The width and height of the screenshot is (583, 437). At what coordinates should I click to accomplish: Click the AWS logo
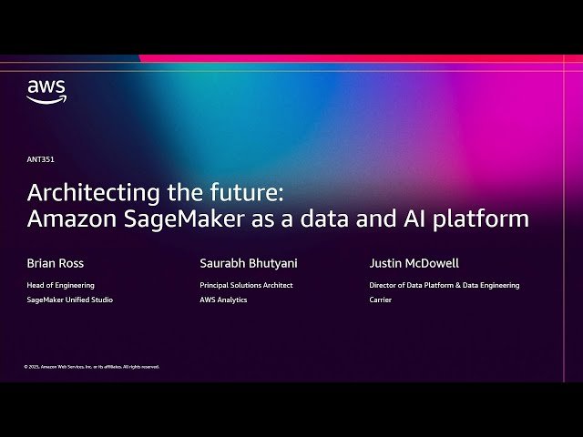click(x=46, y=91)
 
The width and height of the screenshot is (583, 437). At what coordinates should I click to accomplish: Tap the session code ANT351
click(x=40, y=159)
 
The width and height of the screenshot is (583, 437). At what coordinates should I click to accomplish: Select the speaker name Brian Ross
click(x=56, y=263)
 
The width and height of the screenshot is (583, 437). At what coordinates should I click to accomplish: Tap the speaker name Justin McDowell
click(x=414, y=263)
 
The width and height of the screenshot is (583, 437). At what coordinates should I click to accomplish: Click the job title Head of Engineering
click(x=61, y=285)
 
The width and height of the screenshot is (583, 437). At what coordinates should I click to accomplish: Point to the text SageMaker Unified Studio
click(x=70, y=300)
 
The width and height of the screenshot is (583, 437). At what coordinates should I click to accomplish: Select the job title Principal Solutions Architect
click(x=246, y=285)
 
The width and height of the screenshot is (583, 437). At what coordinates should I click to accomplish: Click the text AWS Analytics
click(x=223, y=300)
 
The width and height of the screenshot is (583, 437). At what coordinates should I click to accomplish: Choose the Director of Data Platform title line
click(x=444, y=285)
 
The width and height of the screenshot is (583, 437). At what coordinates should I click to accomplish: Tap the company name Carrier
click(x=380, y=300)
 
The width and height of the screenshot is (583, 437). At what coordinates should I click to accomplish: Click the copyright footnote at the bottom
click(x=91, y=367)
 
